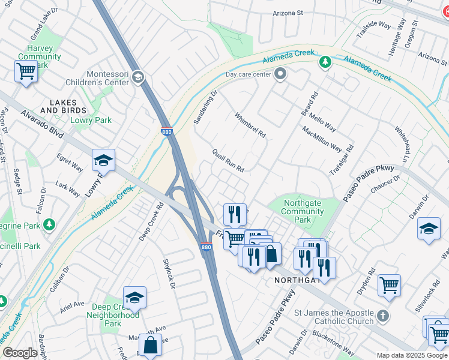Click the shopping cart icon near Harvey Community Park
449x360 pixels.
26,71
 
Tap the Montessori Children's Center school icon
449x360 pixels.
137,77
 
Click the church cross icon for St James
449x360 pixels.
383,315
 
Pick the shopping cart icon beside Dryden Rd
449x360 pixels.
389,285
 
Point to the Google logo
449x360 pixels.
20,353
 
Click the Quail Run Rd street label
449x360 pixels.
228,161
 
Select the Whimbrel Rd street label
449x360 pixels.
250,125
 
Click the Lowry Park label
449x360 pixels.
91,121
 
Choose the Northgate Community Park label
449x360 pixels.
303,212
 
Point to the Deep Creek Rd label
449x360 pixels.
151,221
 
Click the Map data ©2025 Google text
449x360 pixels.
411,355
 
